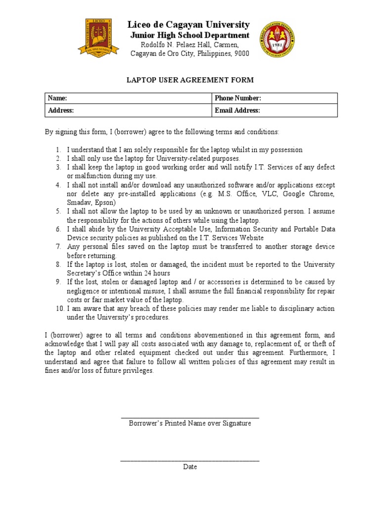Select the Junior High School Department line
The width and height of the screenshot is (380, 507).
(x=190, y=35)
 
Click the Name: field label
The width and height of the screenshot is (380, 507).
(x=57, y=99)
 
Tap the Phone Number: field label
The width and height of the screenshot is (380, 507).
(x=237, y=99)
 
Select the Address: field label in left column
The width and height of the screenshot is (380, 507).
(x=61, y=110)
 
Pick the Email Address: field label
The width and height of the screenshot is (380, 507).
(x=237, y=110)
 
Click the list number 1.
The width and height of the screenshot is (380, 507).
(x=58, y=150)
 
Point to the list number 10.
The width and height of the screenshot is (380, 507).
(x=59, y=308)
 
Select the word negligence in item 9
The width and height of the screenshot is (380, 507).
(x=84, y=291)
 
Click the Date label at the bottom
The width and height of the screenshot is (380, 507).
(x=190, y=467)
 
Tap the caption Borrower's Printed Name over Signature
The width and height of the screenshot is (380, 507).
(x=190, y=423)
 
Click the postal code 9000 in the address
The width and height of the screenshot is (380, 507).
(x=241, y=53)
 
